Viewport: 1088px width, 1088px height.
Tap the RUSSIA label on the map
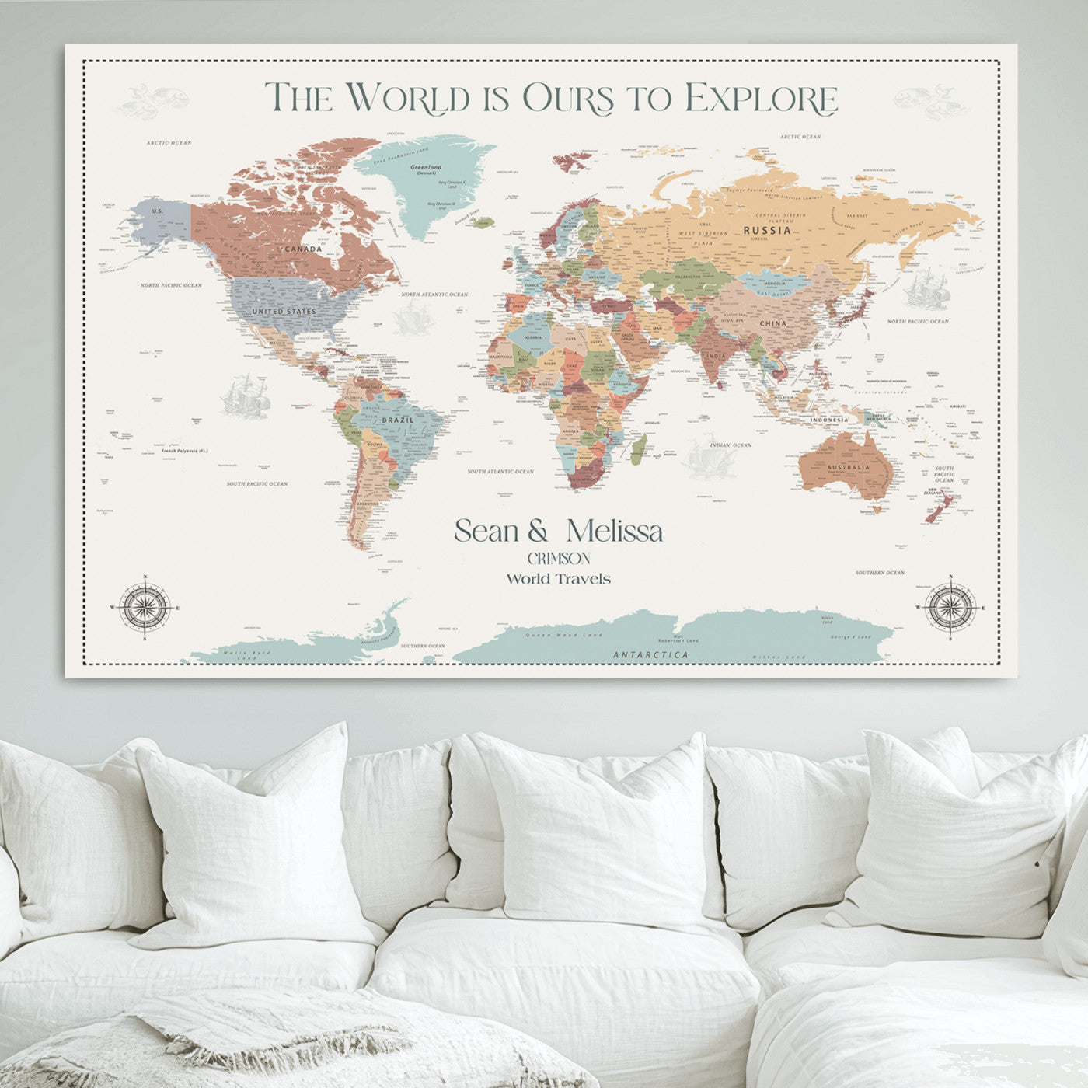coord(767,230)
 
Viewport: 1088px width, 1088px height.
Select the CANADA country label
coord(303,249)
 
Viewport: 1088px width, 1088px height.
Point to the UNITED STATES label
coord(284,312)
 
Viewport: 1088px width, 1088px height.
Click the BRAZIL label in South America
coord(398,420)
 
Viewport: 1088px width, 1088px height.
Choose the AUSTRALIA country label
coord(848,468)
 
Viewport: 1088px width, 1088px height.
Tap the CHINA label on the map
coord(772,323)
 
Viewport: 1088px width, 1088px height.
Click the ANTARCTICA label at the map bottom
coord(650,655)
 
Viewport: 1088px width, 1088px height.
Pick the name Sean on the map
coord(486,532)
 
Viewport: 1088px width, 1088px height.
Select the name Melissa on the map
coord(614,532)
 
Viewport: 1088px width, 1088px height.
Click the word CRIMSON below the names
coord(558,559)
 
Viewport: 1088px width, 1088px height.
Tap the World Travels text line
coord(558,579)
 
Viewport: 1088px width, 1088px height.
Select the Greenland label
coord(426,167)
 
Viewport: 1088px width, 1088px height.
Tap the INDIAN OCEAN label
coord(731,445)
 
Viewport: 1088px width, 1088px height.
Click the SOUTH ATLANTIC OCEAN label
coord(500,472)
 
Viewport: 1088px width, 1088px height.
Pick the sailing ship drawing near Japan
coord(925,289)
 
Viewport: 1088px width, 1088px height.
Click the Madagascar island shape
coord(639,448)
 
